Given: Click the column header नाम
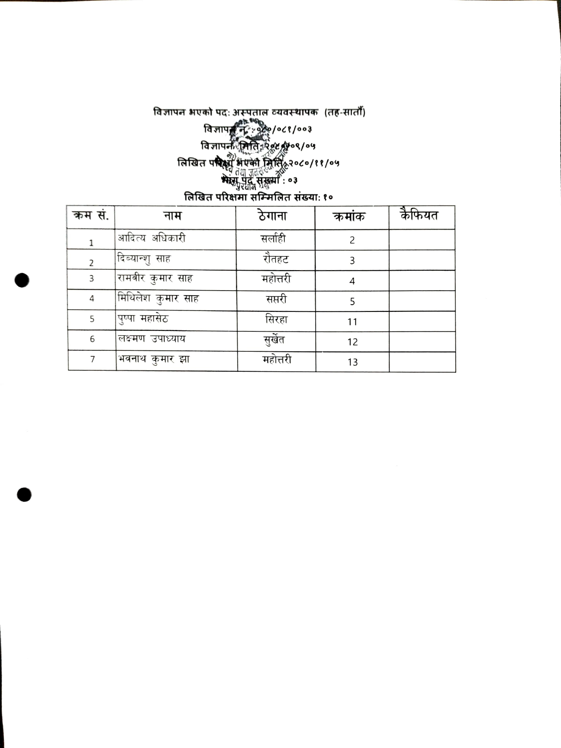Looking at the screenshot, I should (x=172, y=216).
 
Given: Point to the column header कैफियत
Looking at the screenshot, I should (x=420, y=215).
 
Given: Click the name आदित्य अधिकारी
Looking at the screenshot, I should (x=151, y=238).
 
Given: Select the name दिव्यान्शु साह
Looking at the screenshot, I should (x=143, y=259).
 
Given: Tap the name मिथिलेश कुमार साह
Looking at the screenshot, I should (x=158, y=299).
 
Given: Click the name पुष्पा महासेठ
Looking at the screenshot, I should (x=143, y=319).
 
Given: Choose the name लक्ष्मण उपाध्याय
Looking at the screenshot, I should (x=151, y=339).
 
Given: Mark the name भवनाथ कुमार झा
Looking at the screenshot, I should (x=153, y=359).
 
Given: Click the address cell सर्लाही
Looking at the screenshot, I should (x=273, y=239).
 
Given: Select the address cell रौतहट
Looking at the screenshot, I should (x=276, y=259).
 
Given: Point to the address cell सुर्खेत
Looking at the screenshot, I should (x=274, y=340).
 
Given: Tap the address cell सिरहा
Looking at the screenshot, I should (x=276, y=320).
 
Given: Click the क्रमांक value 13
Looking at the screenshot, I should (x=352, y=362).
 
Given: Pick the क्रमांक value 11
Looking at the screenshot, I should (x=352, y=322).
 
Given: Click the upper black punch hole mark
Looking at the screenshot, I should (x=22, y=280).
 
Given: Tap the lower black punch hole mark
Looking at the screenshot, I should (x=24, y=495).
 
